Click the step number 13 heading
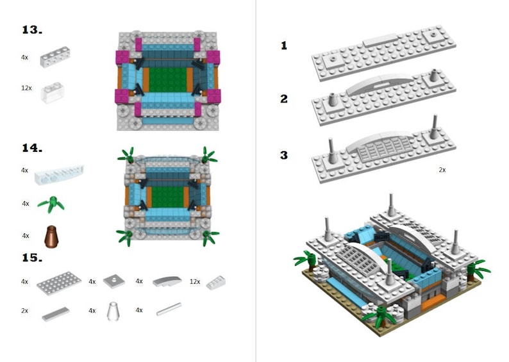32,31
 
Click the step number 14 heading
32,148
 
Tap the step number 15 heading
32,258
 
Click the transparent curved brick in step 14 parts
59,172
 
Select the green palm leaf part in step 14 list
51,204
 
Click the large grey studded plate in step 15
59,282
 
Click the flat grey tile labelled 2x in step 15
55,313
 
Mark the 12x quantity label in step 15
195,281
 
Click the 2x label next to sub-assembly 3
442,170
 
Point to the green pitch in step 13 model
167,79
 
